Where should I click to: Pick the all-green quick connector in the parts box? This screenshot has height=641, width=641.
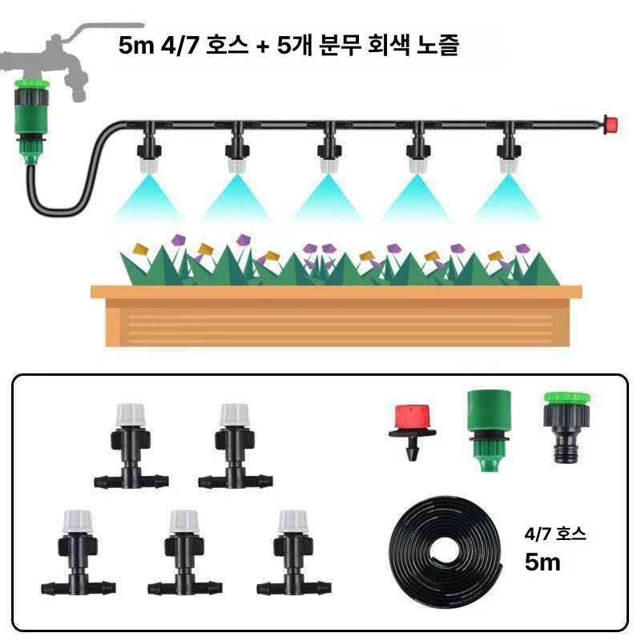[x=489, y=430]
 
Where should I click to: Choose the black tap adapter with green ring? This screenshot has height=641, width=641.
[x=567, y=426]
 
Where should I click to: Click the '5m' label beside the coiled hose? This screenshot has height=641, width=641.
[x=542, y=562]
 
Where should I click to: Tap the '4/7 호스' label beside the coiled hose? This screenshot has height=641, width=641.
[x=555, y=534]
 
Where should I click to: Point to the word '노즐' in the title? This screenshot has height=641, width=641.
[x=437, y=45]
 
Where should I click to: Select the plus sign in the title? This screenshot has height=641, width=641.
[x=264, y=46]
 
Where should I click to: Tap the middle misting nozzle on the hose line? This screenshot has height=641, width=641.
[x=329, y=147]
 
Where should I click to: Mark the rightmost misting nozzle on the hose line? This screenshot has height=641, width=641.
[x=509, y=147]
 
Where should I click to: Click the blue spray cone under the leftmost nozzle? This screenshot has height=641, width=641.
[x=149, y=196]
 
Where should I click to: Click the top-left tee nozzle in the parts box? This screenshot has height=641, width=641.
[x=131, y=446]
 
